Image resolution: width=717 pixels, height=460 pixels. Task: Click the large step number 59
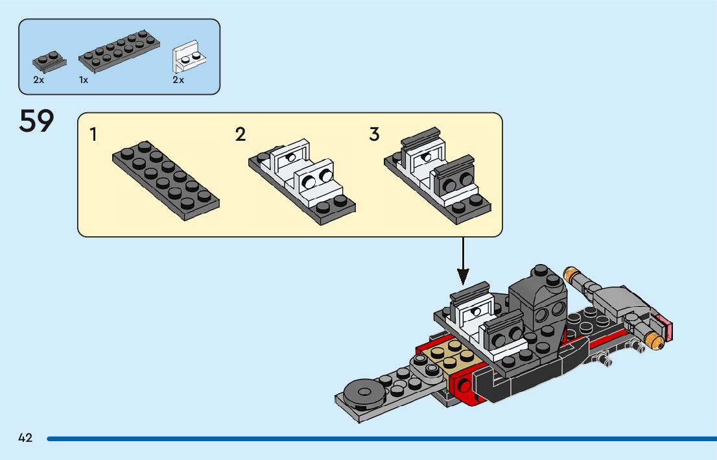coord(36,121)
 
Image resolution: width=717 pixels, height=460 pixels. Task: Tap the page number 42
coord(25,438)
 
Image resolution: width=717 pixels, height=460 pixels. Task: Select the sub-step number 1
coord(94,135)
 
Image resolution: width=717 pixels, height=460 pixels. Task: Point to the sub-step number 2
coord(241,135)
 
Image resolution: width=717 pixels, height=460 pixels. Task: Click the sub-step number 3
coord(374,135)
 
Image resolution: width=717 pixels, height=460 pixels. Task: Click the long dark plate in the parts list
coord(119,50)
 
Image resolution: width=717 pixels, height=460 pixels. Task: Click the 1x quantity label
coord(84,80)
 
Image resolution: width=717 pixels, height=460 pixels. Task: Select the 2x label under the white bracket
coord(178,80)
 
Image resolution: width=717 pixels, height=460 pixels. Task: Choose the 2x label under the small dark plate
coord(38,80)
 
